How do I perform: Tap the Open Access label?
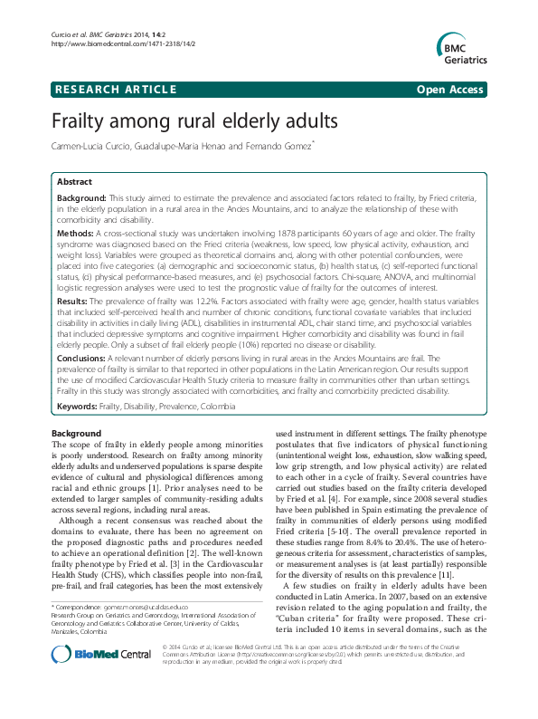click(452, 89)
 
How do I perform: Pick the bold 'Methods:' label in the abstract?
click(76, 233)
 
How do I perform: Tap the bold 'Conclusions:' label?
click(83, 358)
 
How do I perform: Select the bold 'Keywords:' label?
click(78, 407)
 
